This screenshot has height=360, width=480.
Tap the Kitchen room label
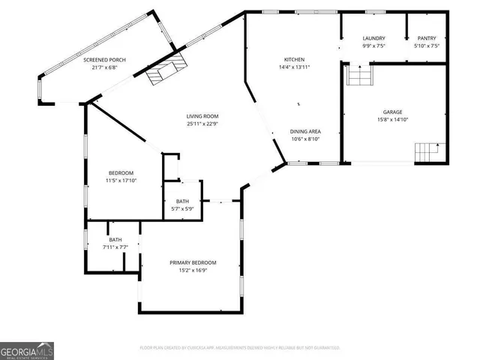(x=293, y=59)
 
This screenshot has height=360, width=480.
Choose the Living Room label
(x=202, y=116)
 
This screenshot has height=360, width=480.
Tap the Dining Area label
(x=306, y=130)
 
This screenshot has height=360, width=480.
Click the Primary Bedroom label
(x=193, y=262)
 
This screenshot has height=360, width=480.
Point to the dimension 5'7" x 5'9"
(x=182, y=209)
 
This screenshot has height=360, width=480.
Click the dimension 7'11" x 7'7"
(x=115, y=247)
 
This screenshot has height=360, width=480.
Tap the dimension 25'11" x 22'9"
(x=202, y=124)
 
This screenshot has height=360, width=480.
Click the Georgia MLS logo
(x=27, y=350)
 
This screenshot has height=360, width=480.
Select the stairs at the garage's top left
(x=358, y=76)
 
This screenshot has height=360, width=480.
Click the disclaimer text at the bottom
(x=239, y=348)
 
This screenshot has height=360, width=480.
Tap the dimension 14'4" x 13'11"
(x=293, y=67)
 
